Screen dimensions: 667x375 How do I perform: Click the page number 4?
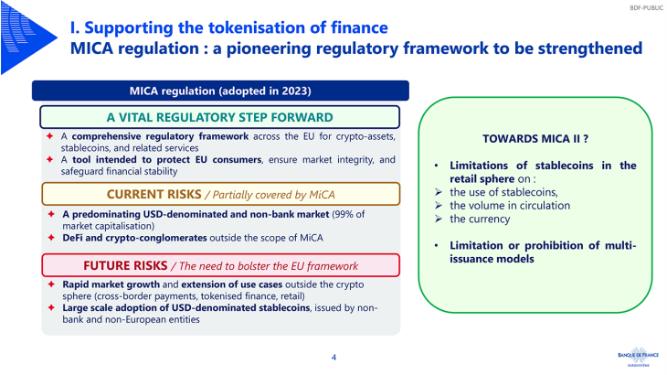tap(333, 357)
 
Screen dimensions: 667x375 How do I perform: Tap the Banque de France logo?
tap(638, 357)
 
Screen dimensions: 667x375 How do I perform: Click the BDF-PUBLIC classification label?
tap(646, 7)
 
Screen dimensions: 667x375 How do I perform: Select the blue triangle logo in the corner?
tap(28, 37)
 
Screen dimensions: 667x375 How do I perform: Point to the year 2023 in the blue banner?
tap(296, 91)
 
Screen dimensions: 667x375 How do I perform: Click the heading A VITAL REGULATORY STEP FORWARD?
tap(219, 117)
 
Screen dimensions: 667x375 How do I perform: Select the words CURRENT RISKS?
tap(154, 194)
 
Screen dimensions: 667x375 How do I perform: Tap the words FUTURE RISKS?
tap(125, 265)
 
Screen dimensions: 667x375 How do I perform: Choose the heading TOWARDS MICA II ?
tap(535, 139)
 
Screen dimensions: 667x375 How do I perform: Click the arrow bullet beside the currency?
tap(439, 219)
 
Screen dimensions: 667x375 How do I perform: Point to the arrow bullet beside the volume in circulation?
tap(439, 206)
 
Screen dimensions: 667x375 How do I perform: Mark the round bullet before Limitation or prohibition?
tap(437, 246)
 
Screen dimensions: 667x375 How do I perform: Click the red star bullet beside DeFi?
tap(51, 237)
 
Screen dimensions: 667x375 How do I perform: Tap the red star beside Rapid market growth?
tap(51, 284)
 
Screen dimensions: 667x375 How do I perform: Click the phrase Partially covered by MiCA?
tap(273, 195)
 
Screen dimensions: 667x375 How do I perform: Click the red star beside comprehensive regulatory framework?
tap(49, 135)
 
